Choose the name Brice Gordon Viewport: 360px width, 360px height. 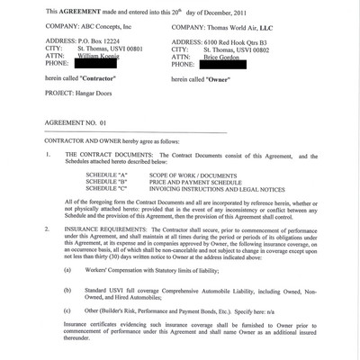229,57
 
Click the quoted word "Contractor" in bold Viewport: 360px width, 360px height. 96,80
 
